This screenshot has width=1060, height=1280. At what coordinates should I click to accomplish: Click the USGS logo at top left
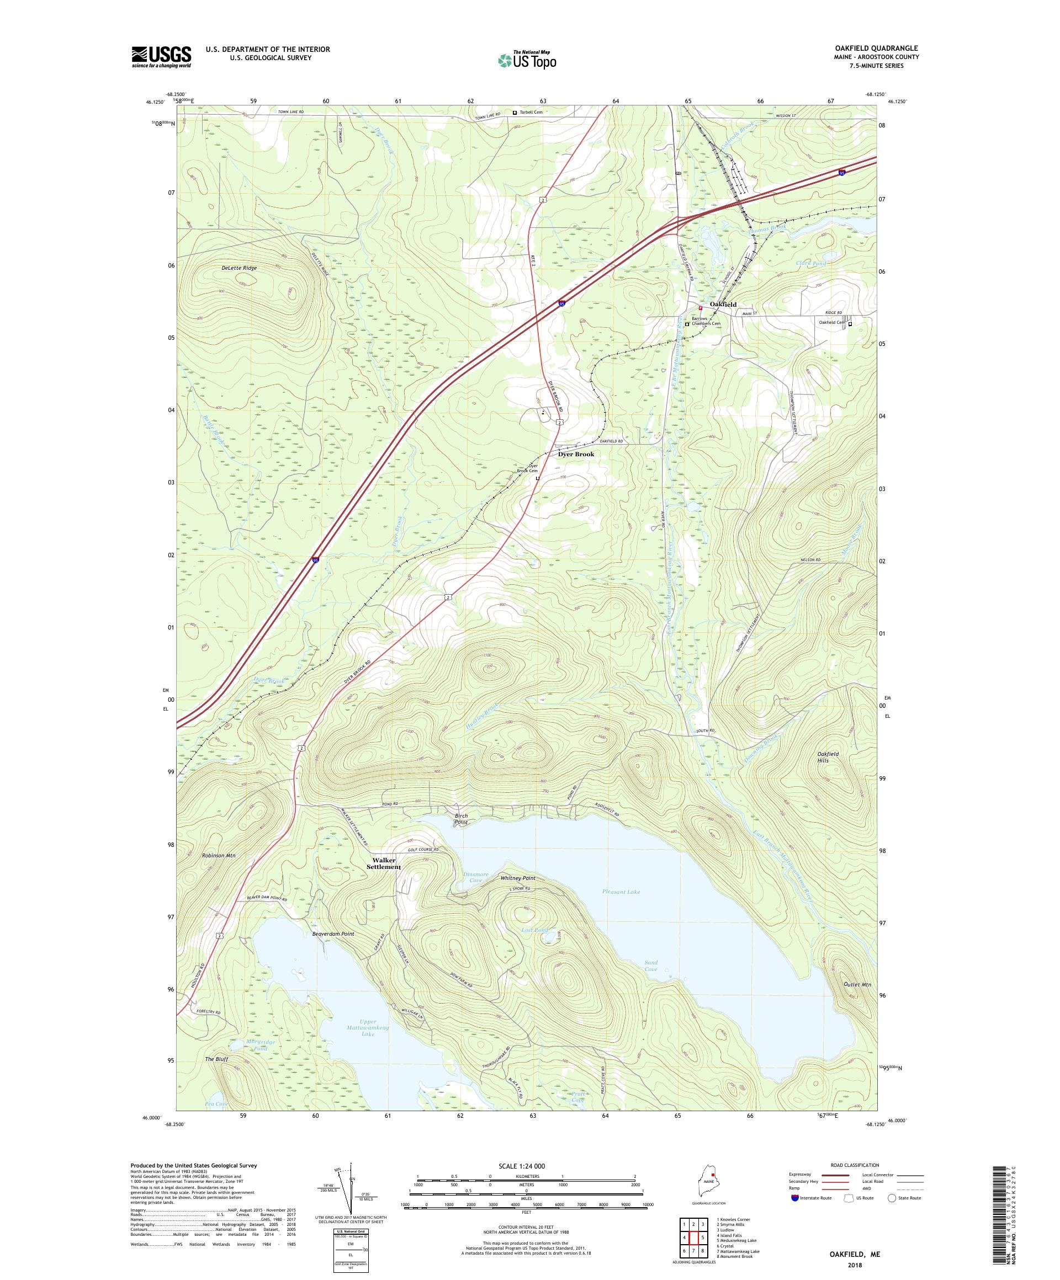pos(162,57)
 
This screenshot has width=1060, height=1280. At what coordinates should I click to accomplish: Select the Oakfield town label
pos(723,304)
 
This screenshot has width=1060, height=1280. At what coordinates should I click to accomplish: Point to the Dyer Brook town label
pos(576,454)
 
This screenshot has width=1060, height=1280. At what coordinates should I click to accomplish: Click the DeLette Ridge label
pos(239,268)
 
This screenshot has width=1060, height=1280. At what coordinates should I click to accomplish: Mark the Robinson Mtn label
pos(218,855)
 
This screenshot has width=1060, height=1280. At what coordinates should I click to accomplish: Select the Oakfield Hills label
pos(828,757)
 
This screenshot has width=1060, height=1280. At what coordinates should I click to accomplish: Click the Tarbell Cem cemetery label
pos(531,112)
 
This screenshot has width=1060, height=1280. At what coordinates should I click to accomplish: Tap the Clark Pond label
pos(811,263)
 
